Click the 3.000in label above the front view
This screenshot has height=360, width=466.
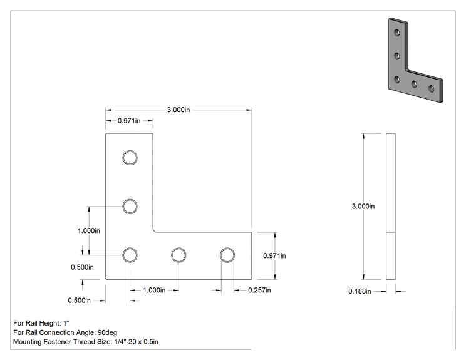pos(179,110)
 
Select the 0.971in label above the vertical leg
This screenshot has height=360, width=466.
pos(129,121)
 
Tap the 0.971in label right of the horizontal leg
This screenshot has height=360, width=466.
pos(274,255)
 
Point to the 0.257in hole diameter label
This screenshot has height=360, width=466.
pos(259,291)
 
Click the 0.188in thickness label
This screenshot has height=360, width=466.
pos(360,291)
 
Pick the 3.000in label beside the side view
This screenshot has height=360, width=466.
pos(363,207)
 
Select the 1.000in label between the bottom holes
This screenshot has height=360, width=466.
pos(154,291)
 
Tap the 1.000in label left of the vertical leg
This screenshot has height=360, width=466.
pos(89,231)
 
